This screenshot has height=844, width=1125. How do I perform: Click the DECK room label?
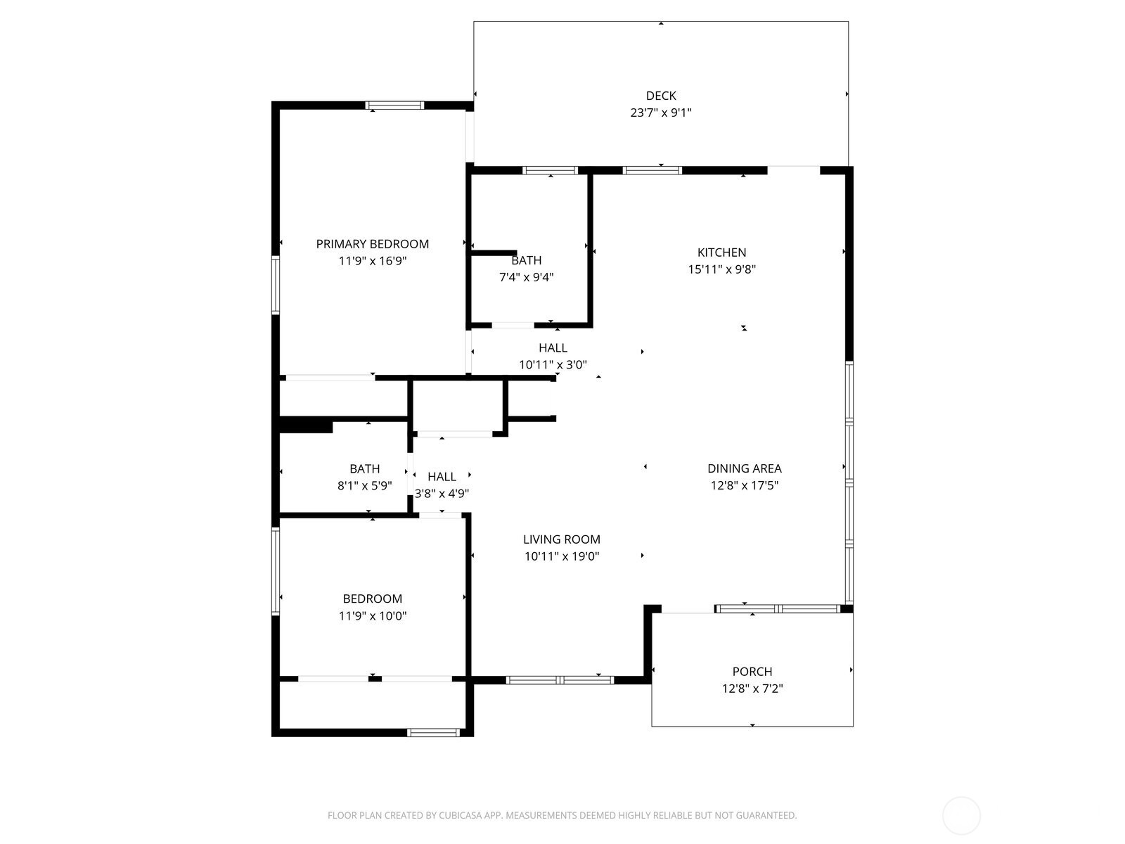661,96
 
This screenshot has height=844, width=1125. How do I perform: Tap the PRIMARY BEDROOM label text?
372,244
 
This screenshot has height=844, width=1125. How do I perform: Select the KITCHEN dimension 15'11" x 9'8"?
721,269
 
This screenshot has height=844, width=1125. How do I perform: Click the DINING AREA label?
744,468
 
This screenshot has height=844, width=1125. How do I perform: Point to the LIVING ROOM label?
561,539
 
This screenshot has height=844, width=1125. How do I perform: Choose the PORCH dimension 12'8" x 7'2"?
752,689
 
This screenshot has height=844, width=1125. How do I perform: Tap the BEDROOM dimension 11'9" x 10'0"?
372,616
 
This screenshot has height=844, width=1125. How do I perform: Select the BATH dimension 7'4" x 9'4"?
526,277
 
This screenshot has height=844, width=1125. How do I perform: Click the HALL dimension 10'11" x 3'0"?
553,364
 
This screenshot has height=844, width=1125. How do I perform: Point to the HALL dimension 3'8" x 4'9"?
442,494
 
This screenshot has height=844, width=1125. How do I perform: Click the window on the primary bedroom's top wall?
394,105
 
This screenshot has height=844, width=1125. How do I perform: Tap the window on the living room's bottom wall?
560,679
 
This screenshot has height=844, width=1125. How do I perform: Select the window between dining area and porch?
777,608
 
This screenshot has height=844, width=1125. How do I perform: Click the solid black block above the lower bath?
305,426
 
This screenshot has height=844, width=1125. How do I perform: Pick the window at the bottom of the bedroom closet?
434,733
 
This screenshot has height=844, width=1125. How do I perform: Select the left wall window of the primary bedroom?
276,285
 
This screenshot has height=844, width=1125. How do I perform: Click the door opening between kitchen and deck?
793,169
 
